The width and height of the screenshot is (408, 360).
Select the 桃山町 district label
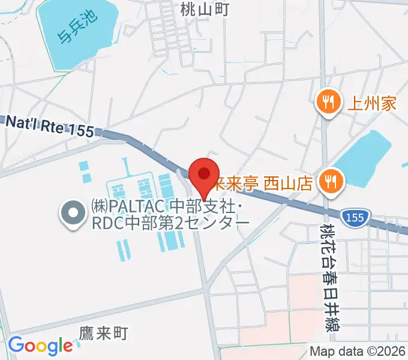tap(205, 8)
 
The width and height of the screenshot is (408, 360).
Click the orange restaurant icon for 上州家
tap(328, 103)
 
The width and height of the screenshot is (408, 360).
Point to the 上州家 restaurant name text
tap(372, 103)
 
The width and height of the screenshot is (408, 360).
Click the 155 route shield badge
tap(355, 218)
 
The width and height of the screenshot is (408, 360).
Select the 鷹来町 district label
tap(104, 334)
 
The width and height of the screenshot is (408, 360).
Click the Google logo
tap(40, 346)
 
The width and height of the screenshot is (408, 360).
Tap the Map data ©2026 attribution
tap(358, 352)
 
